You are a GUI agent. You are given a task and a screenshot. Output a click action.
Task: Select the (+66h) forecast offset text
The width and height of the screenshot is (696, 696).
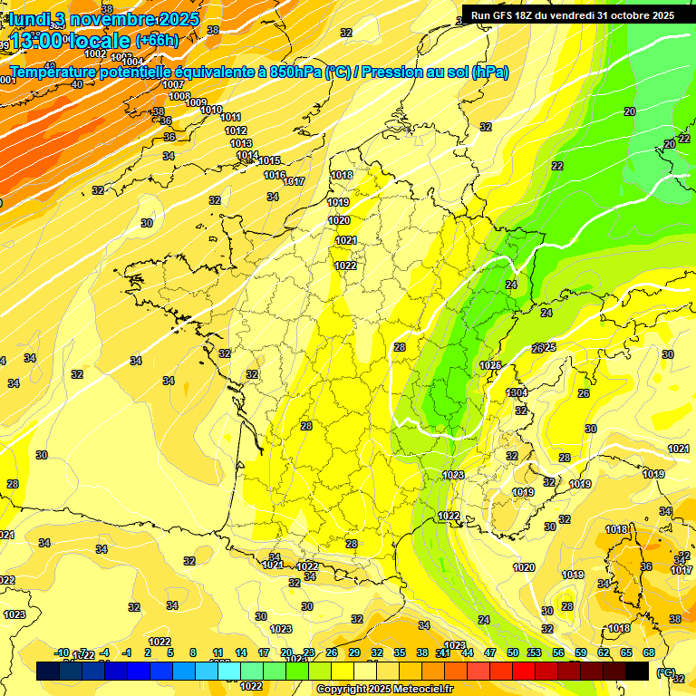(x=157, y=41)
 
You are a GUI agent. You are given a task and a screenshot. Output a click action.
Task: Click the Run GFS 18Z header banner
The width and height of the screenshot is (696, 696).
(x=572, y=14)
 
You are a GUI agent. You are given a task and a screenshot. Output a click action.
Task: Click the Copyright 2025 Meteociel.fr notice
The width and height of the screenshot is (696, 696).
(x=384, y=689)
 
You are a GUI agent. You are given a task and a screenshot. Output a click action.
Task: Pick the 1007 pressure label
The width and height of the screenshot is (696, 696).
(x=174, y=84)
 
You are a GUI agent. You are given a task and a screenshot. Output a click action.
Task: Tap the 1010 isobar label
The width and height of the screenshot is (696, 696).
(x=211, y=110)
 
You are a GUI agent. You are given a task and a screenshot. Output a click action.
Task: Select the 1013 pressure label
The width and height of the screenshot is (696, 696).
(x=240, y=143)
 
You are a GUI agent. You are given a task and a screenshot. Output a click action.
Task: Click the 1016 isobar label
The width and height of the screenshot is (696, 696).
(x=275, y=175)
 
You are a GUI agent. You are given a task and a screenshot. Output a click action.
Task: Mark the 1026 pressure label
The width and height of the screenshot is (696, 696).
(x=490, y=364)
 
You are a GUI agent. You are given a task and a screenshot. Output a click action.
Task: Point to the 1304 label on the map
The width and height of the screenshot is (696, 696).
(x=517, y=392)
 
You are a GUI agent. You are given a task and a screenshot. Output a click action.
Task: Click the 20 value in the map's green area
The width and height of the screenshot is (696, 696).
(x=630, y=111)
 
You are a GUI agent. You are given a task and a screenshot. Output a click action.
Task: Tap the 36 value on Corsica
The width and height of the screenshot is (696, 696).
(x=646, y=566)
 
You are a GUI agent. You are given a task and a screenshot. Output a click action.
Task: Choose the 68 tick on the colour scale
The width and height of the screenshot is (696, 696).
(x=649, y=652)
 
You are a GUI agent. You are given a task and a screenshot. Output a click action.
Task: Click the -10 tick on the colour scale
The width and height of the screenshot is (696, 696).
(x=63, y=652)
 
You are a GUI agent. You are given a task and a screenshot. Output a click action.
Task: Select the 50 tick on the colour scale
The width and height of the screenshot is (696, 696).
(x=514, y=652)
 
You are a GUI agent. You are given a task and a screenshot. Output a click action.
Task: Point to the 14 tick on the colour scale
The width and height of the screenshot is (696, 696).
(x=241, y=652)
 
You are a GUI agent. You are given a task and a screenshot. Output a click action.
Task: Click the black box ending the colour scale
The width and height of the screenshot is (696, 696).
(x=637, y=671)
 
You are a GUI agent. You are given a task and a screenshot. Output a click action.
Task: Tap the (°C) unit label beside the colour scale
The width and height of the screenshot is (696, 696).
(x=666, y=672)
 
